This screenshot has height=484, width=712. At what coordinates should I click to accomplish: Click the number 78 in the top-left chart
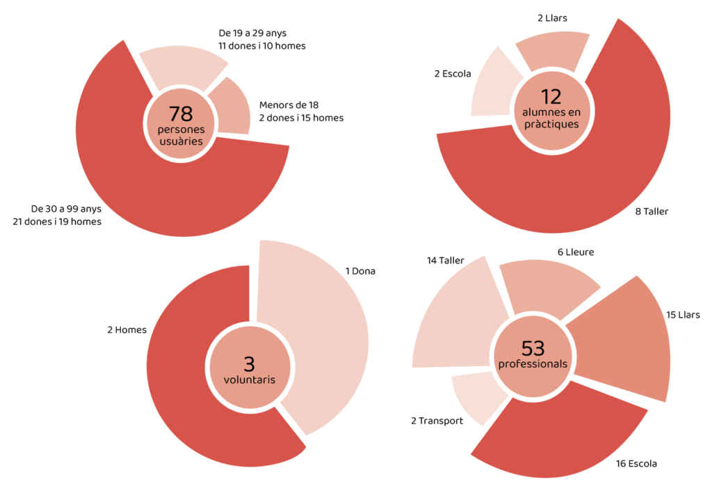[180, 114]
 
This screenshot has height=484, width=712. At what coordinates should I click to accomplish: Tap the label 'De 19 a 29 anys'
[257, 33]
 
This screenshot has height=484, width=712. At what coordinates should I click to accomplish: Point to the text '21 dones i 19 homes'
[57, 221]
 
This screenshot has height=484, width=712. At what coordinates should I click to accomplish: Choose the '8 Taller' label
[652, 211]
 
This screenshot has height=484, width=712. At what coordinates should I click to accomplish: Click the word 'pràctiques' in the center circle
[551, 124]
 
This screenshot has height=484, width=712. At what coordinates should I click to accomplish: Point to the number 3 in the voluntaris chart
[249, 364]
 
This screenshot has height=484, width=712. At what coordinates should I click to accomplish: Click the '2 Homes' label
[127, 329]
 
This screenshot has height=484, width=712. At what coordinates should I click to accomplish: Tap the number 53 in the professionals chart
[532, 348]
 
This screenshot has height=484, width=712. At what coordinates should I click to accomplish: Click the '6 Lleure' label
[575, 252]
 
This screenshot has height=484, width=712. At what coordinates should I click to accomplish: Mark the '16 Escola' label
[636, 463]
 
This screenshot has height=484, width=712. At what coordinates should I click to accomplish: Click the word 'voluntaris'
[249, 380]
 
